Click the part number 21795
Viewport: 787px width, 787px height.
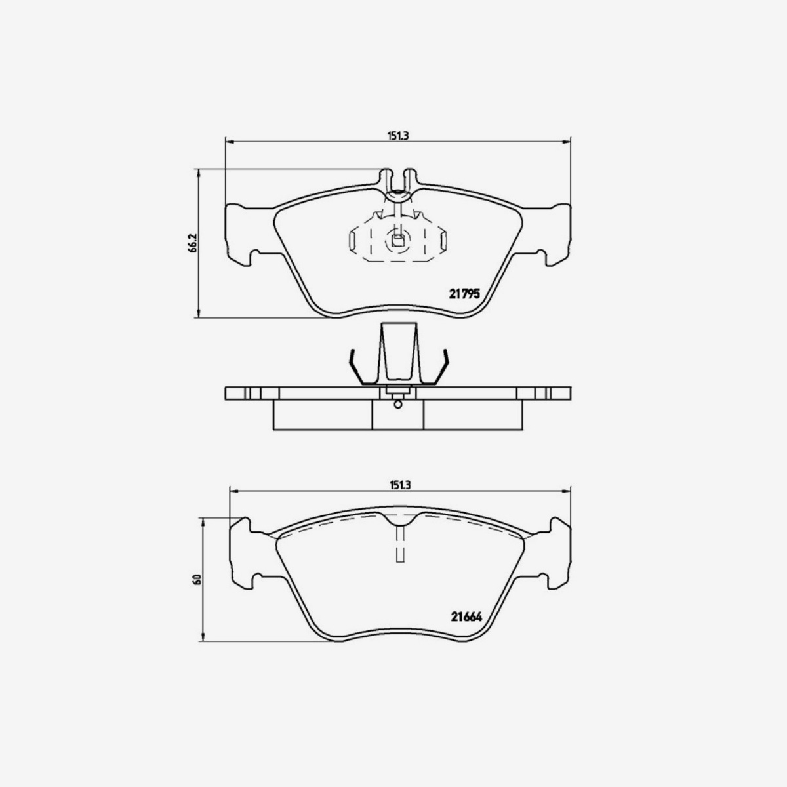point(464,293)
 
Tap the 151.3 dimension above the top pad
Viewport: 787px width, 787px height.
point(398,136)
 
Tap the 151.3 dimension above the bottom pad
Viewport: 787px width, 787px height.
point(400,485)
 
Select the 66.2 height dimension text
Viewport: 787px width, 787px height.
point(193,243)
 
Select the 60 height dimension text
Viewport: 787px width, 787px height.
point(198,579)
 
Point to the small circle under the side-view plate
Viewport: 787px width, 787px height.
point(397,405)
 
